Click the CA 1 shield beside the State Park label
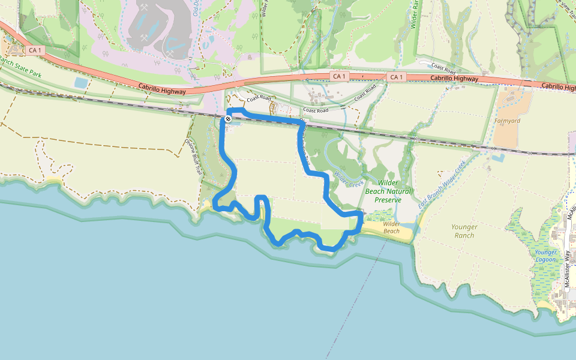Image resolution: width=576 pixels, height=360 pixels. (35, 50)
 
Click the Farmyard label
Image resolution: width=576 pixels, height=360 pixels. (506, 121)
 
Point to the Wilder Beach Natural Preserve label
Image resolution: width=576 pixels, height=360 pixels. (388, 191)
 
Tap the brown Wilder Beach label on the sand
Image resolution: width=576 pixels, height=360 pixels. (391, 227)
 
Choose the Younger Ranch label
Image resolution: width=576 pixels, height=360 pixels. (464, 231)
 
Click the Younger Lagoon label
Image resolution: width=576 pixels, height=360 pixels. (545, 256)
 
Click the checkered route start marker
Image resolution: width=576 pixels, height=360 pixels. (229, 119)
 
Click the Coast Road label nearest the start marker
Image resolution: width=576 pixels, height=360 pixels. (258, 97)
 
